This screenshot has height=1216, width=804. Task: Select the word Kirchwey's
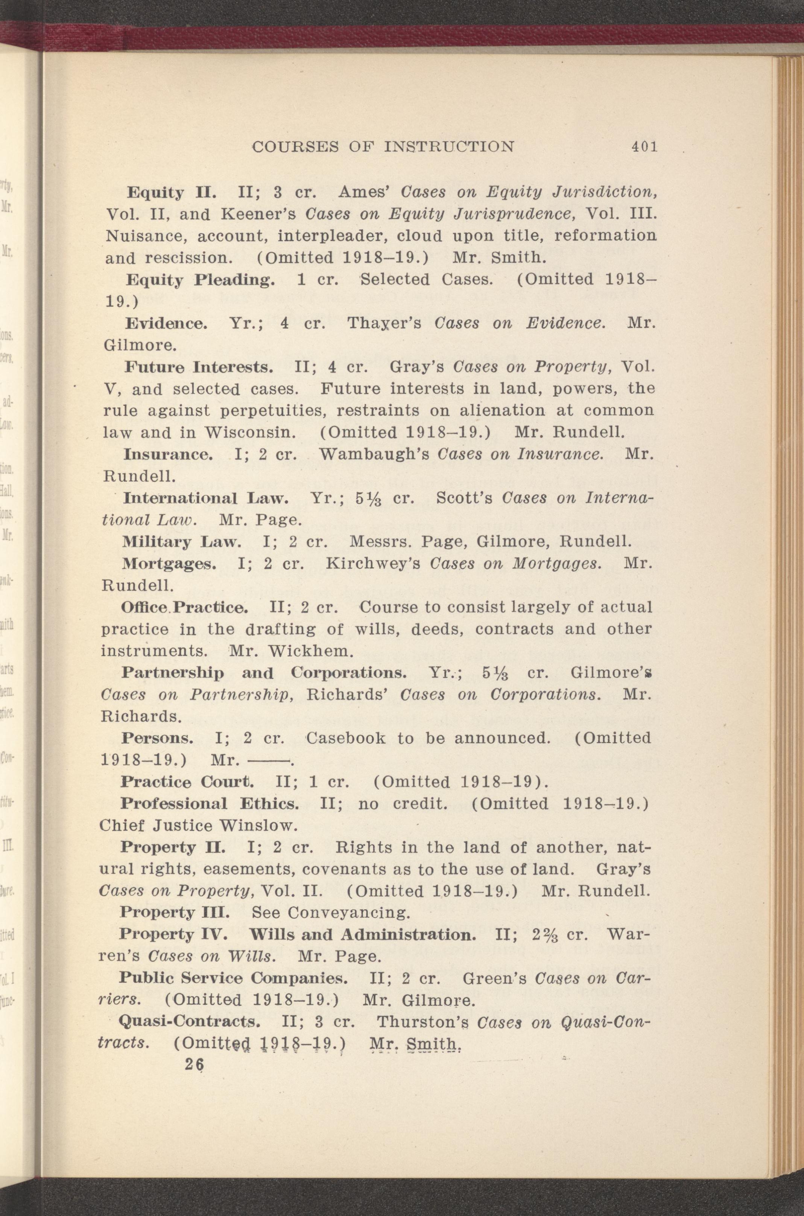click(x=373, y=563)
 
